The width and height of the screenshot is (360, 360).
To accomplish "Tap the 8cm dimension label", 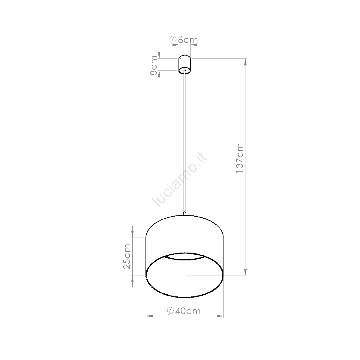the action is click(x=154, y=65).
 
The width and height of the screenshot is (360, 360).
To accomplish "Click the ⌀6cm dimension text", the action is click(x=183, y=40).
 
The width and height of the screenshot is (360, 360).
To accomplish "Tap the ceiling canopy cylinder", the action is click(x=184, y=64).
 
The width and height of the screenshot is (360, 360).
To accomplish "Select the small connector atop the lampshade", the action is click(x=184, y=213).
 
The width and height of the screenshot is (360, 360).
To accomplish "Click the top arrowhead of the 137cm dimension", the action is click(x=246, y=62).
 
